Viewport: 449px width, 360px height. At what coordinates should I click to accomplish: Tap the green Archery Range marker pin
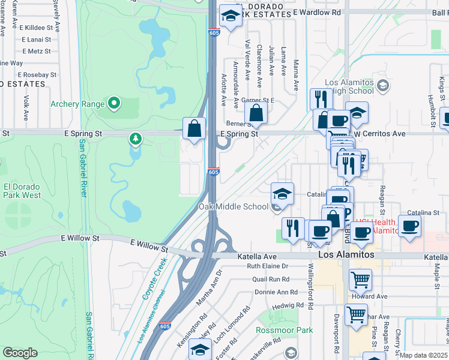pos(114,104)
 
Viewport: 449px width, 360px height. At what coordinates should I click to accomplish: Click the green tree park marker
pos(136,139)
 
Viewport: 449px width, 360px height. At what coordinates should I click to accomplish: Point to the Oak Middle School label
pos(234,207)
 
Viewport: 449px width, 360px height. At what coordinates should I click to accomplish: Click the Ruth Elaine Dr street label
pos(268,266)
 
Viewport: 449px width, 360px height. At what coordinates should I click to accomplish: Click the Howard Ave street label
pos(371,296)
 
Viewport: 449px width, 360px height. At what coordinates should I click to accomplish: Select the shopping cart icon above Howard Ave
pos(360,278)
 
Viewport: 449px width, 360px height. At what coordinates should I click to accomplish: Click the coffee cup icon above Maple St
pos(409,226)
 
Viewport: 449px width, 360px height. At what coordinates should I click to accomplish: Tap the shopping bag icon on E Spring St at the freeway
pos(194,128)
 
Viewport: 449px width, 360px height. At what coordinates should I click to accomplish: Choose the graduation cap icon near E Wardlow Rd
pos(230,16)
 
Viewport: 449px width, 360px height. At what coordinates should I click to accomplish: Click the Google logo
pos(20,353)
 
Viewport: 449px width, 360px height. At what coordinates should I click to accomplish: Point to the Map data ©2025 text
pos(424,355)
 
